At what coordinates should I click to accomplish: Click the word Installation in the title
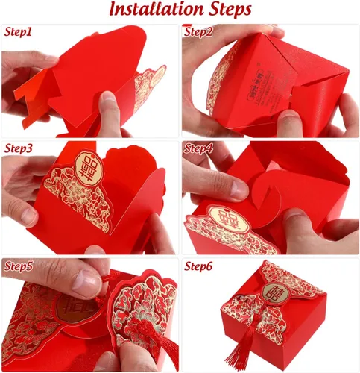153,10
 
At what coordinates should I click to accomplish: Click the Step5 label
19,265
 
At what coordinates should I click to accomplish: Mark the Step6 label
200,266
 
